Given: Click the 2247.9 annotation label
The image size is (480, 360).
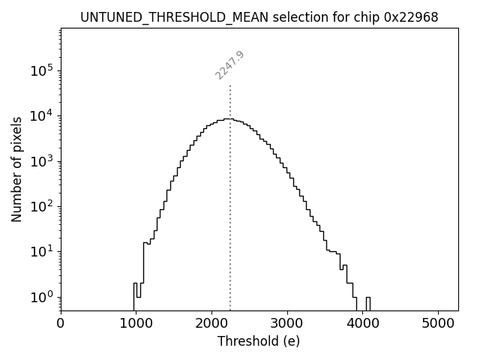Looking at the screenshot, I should [x=229, y=65].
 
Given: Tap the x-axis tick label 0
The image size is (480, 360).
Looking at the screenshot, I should [x=61, y=323].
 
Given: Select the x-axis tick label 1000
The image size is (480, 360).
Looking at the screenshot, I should [x=136, y=323].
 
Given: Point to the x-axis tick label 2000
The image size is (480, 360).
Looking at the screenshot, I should [x=212, y=323].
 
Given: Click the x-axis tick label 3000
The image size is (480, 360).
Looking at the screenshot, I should [x=288, y=323].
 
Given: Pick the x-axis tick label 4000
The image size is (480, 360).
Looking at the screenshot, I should [x=364, y=323].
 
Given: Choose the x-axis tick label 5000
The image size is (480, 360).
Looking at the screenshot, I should [x=439, y=323].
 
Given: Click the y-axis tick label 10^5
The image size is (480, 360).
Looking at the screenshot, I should [x=41, y=70].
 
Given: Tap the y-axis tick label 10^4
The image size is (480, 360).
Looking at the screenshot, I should [x=41, y=115].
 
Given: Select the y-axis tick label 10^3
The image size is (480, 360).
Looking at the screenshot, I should [x=41, y=161].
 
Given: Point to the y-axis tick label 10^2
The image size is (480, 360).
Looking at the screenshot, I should [x=41, y=206].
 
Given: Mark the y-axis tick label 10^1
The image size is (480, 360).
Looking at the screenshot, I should [x=41, y=251].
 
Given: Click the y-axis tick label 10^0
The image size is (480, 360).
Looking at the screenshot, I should [x=41, y=297].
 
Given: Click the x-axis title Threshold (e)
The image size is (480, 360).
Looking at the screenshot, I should [x=259, y=341].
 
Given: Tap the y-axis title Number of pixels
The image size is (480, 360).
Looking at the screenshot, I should [x=16, y=169].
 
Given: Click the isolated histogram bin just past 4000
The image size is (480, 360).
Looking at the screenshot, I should [x=367, y=302].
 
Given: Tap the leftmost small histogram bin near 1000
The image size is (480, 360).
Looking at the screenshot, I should [x=135, y=295].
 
